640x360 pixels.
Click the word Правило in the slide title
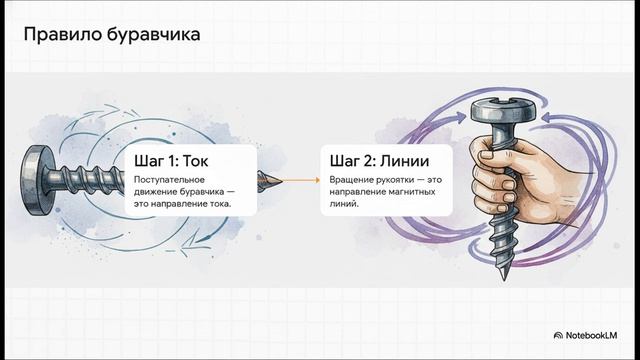56,36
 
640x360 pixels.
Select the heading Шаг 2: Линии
375,161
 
